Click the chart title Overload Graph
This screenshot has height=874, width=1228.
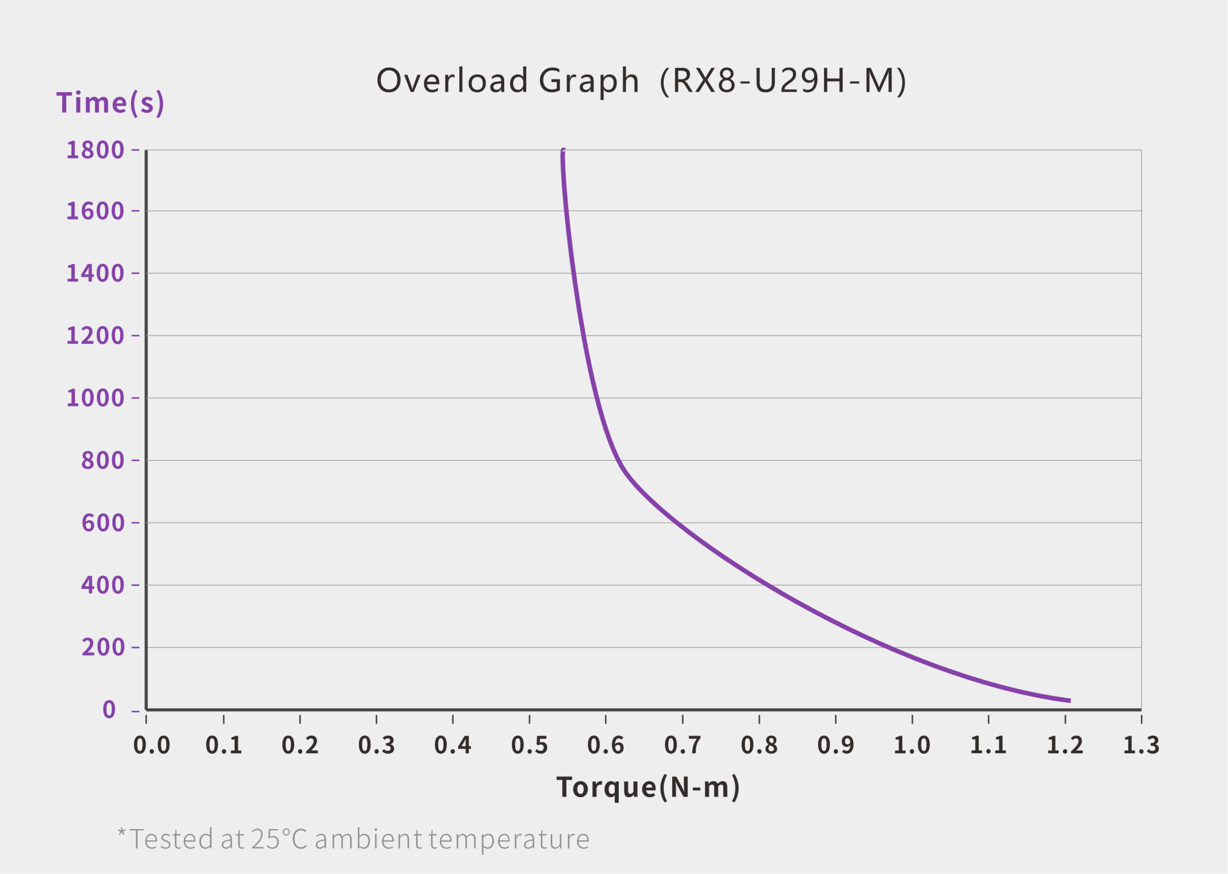point(508,81)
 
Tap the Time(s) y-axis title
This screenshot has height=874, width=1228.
point(110,103)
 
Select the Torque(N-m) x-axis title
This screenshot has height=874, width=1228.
point(648,787)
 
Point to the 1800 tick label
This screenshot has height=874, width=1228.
point(95,150)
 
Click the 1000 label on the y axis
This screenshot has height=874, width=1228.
point(95,398)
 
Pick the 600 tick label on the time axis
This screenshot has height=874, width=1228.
point(103,523)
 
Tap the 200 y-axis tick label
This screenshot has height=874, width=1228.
point(103,647)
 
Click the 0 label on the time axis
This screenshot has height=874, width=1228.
point(109,710)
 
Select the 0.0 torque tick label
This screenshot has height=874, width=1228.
point(152,746)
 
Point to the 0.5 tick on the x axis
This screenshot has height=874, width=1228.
point(529,746)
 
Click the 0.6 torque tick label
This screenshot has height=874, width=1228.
point(606,746)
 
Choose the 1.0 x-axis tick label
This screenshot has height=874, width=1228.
point(912,746)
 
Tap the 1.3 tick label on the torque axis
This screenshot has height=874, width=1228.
point(1141,746)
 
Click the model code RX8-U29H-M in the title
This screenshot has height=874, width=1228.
point(783,81)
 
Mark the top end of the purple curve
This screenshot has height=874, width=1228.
point(563,151)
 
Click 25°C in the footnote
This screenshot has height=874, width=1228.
point(279,839)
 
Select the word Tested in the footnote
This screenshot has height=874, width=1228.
point(171,839)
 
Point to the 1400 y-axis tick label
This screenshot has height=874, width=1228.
point(95,273)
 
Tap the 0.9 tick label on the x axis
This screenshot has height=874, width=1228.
point(836,746)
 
